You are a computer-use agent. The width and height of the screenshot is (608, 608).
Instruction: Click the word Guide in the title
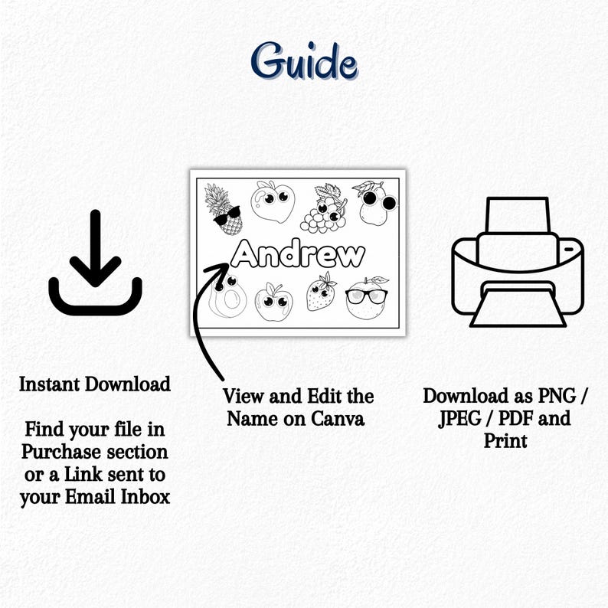click(x=304, y=61)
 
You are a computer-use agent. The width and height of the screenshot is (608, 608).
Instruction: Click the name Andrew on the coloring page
click(x=299, y=253)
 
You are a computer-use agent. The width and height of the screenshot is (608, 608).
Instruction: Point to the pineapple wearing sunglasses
click(x=224, y=209)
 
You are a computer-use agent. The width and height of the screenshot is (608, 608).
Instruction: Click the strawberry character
click(x=322, y=292)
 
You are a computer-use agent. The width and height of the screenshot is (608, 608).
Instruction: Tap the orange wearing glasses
click(x=367, y=298)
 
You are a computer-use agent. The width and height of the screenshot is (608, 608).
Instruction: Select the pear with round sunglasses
click(x=374, y=203)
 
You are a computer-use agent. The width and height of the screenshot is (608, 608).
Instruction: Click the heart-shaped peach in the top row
click(x=273, y=201)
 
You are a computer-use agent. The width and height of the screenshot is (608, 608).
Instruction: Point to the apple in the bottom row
click(x=273, y=302)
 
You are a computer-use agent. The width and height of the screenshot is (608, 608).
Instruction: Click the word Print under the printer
click(x=506, y=441)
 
